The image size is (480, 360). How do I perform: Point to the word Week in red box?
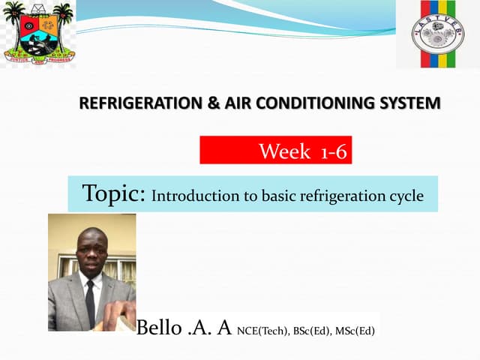(x=284, y=152)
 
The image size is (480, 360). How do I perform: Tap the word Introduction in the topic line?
(x=187, y=197)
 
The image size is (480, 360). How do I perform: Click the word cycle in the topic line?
(x=406, y=197)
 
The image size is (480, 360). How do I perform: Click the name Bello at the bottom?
(x=158, y=328)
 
